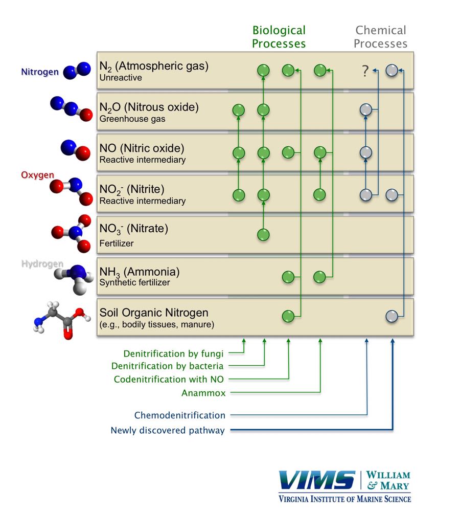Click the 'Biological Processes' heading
pyautogui.click(x=279, y=37)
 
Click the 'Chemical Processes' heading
pyautogui.click(x=380, y=37)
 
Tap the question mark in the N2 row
pyautogui.click(x=364, y=71)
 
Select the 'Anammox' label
pyautogui.click(x=203, y=393)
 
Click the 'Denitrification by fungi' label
pyautogui.click(x=173, y=353)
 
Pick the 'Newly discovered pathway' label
pyautogui.click(x=168, y=430)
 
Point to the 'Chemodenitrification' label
pyautogui.click(x=179, y=415)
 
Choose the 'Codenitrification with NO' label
pyautogui.click(x=169, y=380)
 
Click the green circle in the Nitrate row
pyautogui.click(x=263, y=235)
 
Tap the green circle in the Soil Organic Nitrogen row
pyautogui.click(x=288, y=316)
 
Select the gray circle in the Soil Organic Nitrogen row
pyautogui.click(x=392, y=316)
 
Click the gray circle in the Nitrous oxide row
pyautogui.click(x=365, y=109)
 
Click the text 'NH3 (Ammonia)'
pyautogui.click(x=140, y=272)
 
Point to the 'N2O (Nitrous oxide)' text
pyautogui.click(x=149, y=107)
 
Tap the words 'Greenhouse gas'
pyautogui.click(x=132, y=119)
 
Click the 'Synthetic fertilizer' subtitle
pyautogui.click(x=134, y=282)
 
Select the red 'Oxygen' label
pyautogui.click(x=37, y=175)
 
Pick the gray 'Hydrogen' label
pyautogui.click(x=42, y=264)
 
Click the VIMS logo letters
pyautogui.click(x=317, y=481)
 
